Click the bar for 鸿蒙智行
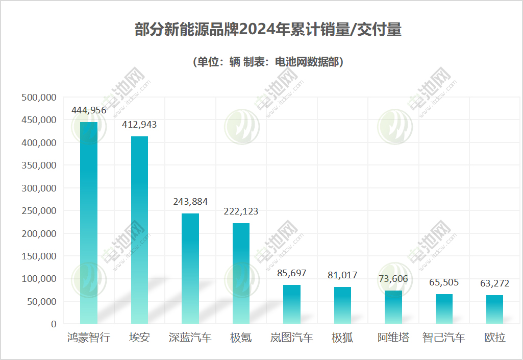coord(89,223)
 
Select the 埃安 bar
coord(139,230)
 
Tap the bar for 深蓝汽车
coord(190,269)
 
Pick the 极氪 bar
coord(241,273)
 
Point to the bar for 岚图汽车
coord(292,304)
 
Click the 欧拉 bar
coord(494,309)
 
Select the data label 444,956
coord(89,110)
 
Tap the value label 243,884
coord(190,202)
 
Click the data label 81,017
coord(342,275)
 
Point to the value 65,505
coord(444,282)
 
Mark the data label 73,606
coord(393,279)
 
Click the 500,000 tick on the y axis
coord(38,98)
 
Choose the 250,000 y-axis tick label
coord(38,211)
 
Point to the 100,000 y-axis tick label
coord(38,279)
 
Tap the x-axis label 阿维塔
coord(393,338)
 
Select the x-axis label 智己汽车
coord(444,338)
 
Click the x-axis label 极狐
coord(342,338)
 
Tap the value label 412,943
coord(139,125)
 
